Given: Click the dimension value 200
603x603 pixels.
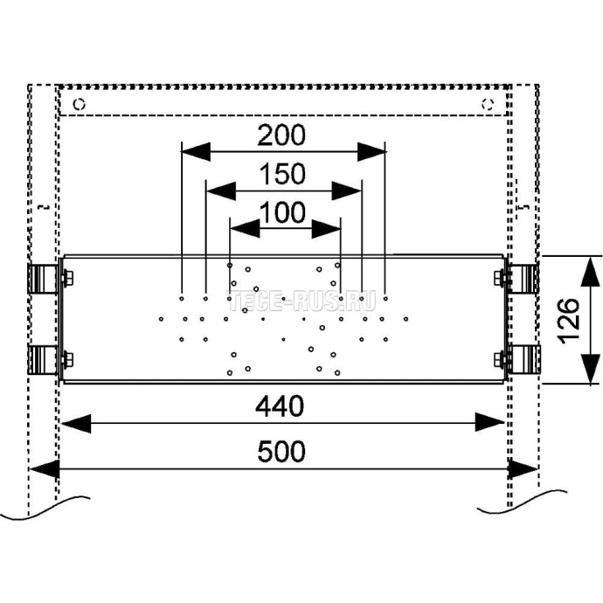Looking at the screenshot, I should click(x=282, y=135).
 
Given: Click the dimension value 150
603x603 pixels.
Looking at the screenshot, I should click(x=283, y=175).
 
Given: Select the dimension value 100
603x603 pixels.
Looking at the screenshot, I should click(x=283, y=212).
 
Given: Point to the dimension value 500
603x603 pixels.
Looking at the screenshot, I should click(x=282, y=452).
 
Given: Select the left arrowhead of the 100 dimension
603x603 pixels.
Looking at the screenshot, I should click(x=242, y=229).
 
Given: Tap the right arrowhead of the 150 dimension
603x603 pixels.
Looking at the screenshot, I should click(x=349, y=189).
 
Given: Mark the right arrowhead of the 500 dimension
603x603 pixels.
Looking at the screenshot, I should click(x=523, y=469).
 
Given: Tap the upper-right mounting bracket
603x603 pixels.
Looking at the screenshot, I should click(x=524, y=278).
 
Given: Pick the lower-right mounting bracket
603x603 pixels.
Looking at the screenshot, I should click(x=524, y=359).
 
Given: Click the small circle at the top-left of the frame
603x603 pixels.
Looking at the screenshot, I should click(x=80, y=104).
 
